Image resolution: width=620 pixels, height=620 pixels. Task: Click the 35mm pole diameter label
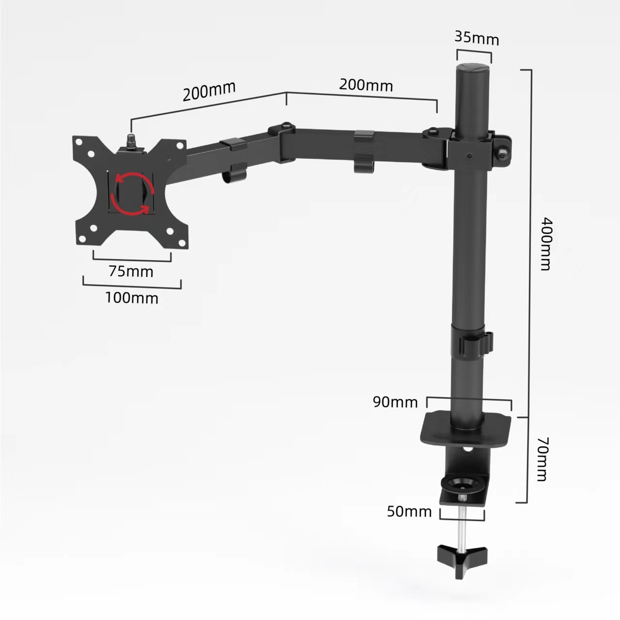(x=477, y=37)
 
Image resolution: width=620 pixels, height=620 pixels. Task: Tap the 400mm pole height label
(x=545, y=244)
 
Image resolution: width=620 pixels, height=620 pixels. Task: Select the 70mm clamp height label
(x=542, y=459)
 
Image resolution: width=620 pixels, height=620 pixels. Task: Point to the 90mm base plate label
(x=395, y=402)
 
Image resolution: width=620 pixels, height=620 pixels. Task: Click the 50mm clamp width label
(x=409, y=511)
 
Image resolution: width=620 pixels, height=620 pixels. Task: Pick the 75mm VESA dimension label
(x=131, y=271)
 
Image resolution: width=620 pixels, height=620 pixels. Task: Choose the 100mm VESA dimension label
(x=132, y=297)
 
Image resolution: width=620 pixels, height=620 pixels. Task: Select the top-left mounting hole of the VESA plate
(x=77, y=141)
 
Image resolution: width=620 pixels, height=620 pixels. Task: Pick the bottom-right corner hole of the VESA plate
(x=183, y=243)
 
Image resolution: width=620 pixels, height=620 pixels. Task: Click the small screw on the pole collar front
(x=469, y=156)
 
